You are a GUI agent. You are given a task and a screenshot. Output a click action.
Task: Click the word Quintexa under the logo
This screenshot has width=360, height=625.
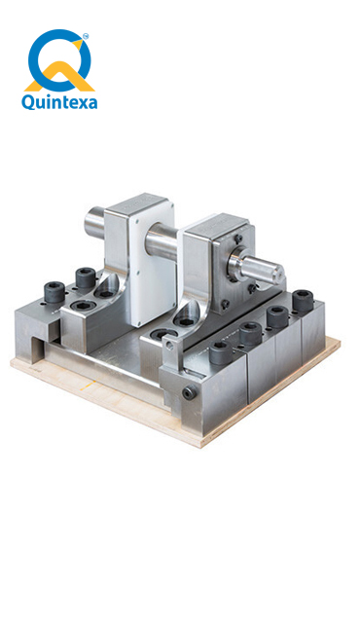tap(59, 102)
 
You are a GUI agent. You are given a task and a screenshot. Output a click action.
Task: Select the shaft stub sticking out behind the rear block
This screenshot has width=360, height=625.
tap(95, 221)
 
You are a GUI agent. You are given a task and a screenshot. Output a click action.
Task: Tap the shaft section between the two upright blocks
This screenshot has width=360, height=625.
tap(163, 242)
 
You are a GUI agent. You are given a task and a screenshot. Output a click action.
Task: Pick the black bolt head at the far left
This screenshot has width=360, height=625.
tap(54, 291)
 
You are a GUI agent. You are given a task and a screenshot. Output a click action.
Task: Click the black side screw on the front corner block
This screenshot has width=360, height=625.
tap(189, 393)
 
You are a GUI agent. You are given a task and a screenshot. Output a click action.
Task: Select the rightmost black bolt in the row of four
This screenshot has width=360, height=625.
tap(303, 300)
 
